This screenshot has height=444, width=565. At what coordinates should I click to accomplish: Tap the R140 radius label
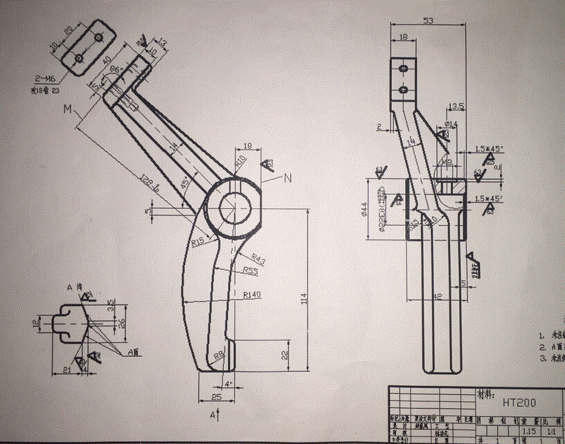click(252, 295)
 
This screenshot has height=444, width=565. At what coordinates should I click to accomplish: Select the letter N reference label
click(287, 178)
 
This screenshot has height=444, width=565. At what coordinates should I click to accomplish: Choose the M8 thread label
click(447, 163)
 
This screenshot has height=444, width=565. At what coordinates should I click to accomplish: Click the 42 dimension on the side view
click(436, 296)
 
